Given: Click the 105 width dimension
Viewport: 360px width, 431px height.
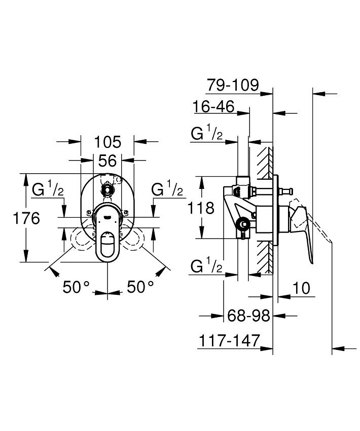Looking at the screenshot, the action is point(107,142).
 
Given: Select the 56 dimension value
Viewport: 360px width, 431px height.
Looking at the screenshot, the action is point(107,161).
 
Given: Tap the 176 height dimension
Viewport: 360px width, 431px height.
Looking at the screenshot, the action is point(26,218).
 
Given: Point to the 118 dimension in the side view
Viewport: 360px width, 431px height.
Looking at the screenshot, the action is point(201,208).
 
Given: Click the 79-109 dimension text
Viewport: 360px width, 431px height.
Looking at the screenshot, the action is point(233,85).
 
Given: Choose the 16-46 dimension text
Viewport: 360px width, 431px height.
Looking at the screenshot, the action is point(213,106).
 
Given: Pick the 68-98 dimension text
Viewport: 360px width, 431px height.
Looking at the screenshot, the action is point(248,316).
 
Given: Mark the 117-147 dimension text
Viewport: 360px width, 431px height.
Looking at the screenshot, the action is point(229,341).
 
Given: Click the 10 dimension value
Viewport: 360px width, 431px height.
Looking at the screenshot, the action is point(301,288).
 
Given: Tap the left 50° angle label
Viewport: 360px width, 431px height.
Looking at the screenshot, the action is point(76,287).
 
